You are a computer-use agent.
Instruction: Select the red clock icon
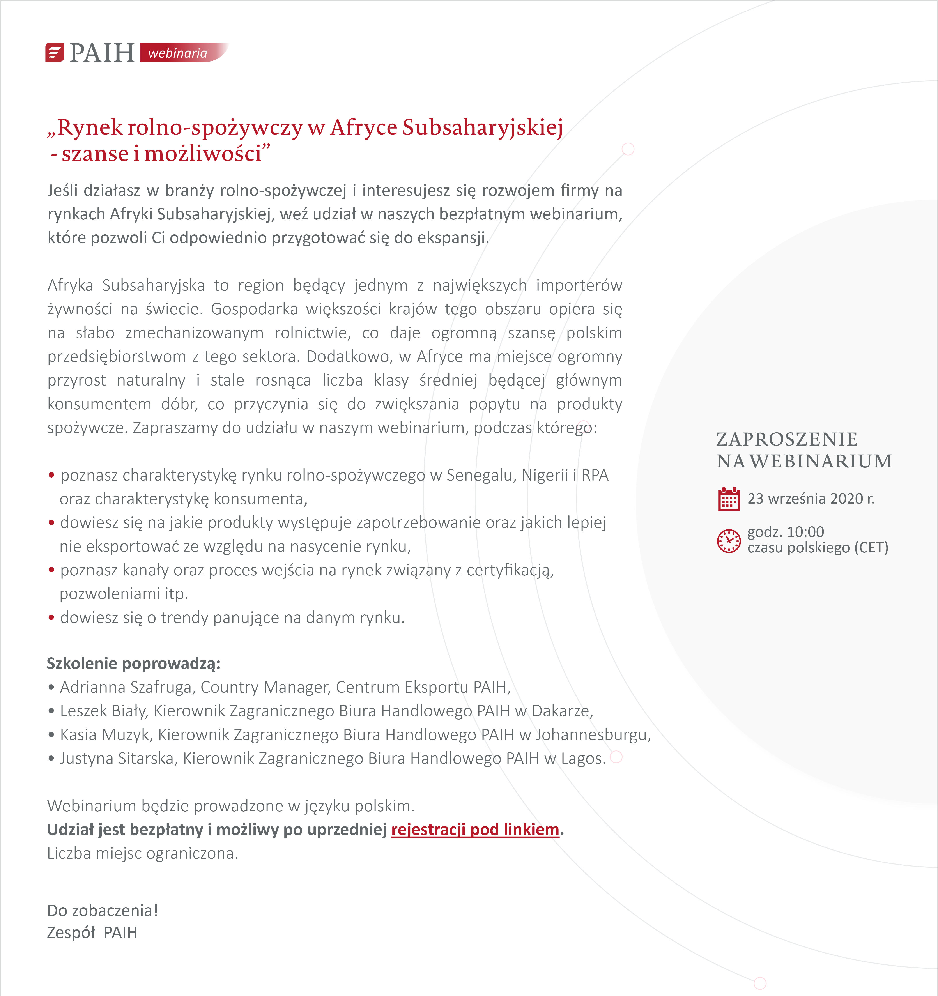coord(729,541)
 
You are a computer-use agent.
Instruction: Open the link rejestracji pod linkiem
coord(475,830)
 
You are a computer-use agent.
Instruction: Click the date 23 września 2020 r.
coord(811,499)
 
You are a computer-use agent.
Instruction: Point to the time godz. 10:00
coord(785,532)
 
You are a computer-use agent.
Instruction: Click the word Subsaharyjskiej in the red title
coord(483,127)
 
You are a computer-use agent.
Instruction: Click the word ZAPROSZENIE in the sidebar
coord(787,439)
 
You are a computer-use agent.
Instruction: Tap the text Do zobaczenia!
coord(103,910)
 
